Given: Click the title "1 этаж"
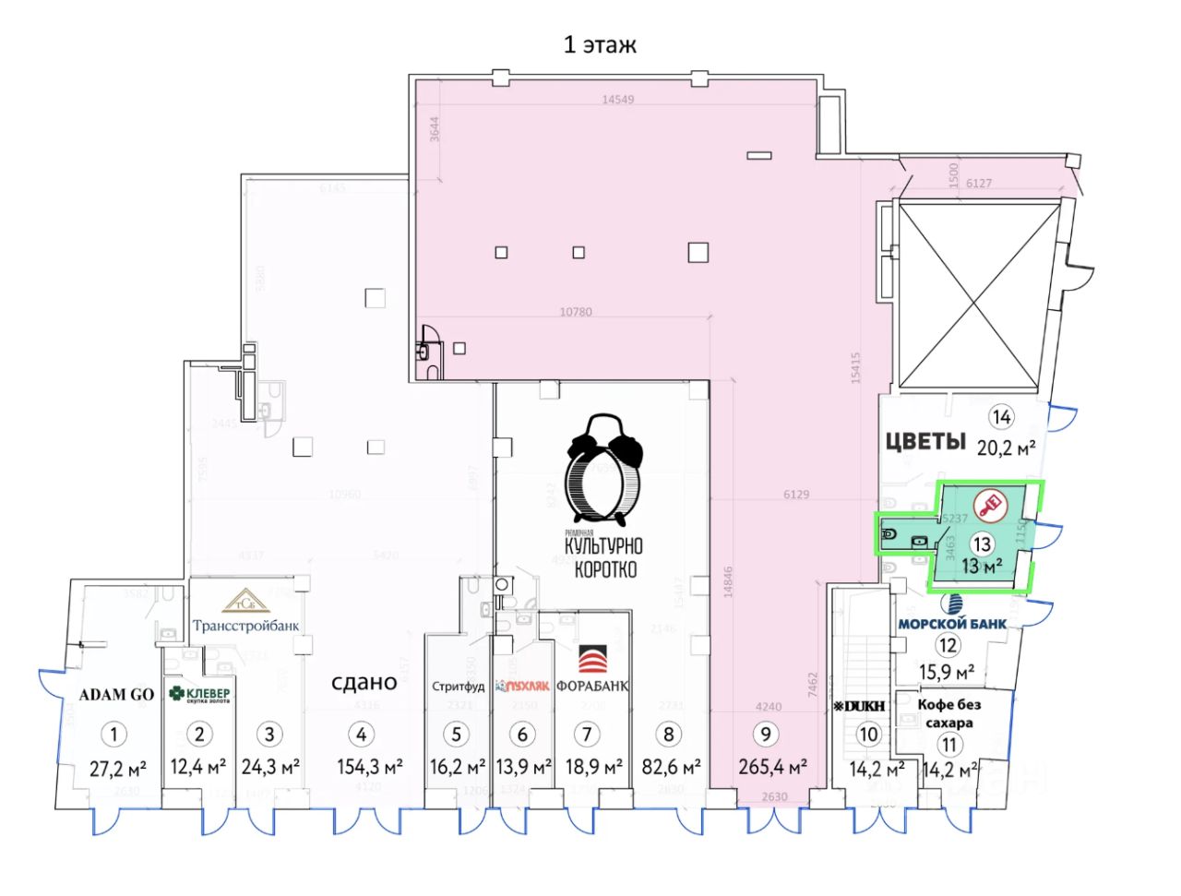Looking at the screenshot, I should point(600,44).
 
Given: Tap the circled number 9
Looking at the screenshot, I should point(765,735).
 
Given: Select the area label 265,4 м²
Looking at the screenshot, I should point(773,767).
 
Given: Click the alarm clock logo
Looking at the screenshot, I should point(604,471).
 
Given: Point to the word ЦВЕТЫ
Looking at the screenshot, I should point(925,441).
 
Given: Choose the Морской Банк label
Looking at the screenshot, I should point(952,622).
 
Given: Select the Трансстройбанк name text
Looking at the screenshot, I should point(245,625).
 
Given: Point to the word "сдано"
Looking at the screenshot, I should point(364,682).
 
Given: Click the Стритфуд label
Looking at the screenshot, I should point(459,686).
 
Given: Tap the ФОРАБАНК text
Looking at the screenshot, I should point(592,686).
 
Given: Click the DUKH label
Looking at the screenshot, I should point(860,707).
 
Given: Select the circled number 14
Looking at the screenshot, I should point(1001,417).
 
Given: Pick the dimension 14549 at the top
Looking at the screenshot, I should point(618,99).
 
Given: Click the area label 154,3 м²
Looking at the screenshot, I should point(368,767).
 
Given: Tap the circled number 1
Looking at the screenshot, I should point(113,735).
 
